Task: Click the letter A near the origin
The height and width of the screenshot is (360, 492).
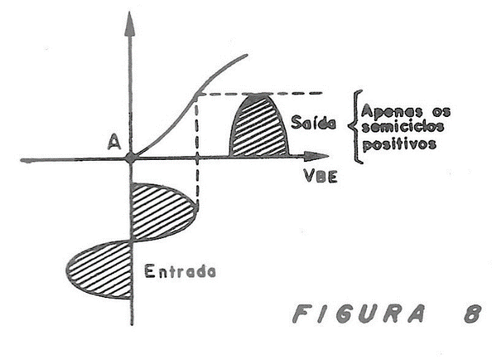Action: tap(114, 142)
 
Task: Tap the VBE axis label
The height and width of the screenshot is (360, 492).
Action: tap(320, 176)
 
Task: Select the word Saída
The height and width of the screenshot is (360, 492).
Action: tap(313, 122)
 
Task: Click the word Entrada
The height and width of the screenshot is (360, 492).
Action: tap(180, 271)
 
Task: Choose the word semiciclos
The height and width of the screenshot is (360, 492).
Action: tap(403, 127)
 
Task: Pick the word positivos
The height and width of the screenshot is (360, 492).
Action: tap(399, 144)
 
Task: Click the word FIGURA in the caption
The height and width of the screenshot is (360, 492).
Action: tap(359, 314)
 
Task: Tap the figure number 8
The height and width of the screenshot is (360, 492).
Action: tap(473, 314)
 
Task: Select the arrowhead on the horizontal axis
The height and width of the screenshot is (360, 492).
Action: tap(316, 156)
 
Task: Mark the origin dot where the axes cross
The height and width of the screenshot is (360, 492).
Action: tap(130, 157)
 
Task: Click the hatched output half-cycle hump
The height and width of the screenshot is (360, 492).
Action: tap(259, 125)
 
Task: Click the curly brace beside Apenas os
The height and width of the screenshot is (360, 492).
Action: tap(356, 127)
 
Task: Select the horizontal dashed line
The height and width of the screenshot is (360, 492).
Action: tap(260, 93)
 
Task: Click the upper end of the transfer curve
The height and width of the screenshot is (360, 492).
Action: tap(246, 55)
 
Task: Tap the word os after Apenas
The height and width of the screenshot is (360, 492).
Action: tap(441, 112)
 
